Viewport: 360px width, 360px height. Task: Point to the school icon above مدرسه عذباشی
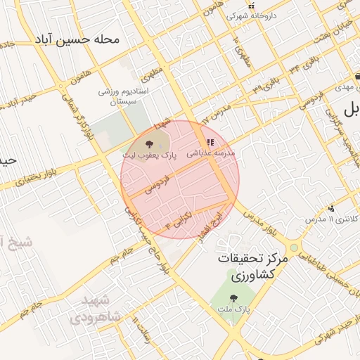pos(209,142)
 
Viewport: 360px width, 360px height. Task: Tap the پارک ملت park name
pos(234,309)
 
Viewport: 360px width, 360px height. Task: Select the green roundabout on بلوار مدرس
pos(293,247)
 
